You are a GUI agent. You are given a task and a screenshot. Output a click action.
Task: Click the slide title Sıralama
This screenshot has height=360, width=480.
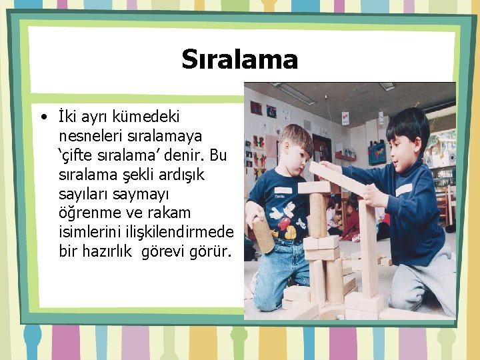pyautogui.click(x=239, y=59)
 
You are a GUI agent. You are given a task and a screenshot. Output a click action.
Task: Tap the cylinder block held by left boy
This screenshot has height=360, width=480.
pyautogui.click(x=262, y=233)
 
